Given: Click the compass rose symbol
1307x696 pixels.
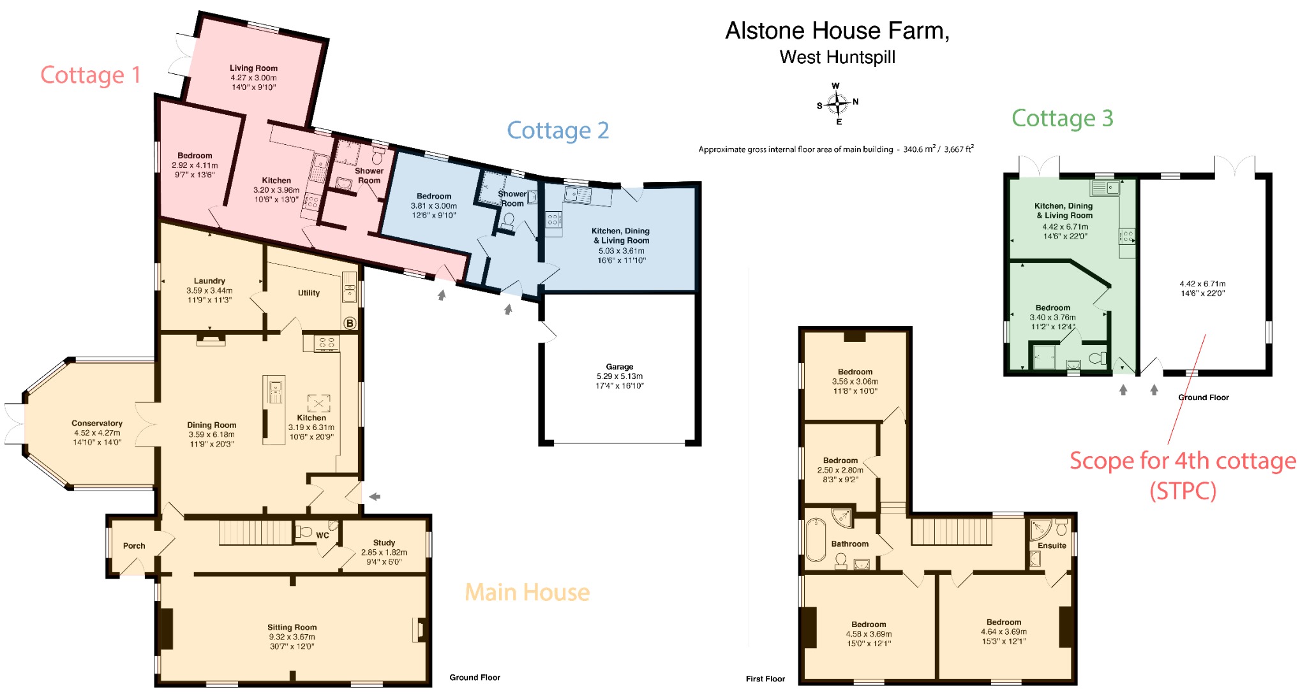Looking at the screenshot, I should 837,103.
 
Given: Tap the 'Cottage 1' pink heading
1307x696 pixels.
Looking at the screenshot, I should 90,75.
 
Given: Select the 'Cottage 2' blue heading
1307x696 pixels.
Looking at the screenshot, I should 557,130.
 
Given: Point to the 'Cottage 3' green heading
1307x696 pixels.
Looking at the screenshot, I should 1062,118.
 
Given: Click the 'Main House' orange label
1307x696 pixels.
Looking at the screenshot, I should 527,592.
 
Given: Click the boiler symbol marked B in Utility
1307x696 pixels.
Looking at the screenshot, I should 349,323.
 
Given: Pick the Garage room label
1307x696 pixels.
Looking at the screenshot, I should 619,367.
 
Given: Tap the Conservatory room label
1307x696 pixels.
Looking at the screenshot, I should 96,423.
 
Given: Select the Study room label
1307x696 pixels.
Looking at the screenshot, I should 384,542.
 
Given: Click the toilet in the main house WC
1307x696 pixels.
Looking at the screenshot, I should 305,531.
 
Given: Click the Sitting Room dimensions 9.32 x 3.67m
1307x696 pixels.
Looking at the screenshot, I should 292,637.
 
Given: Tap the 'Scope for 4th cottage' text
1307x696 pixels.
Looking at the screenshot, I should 1182,461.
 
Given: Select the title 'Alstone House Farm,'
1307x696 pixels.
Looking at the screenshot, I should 837,31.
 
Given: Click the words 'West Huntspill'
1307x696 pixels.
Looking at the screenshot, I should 837,57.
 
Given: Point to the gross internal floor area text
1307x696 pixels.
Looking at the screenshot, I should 835,149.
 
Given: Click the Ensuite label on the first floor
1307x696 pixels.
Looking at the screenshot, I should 1051,545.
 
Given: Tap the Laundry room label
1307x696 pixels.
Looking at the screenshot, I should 209,281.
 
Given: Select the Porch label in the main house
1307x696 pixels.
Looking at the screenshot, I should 134,545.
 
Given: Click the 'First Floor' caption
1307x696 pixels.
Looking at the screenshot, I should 765,679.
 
